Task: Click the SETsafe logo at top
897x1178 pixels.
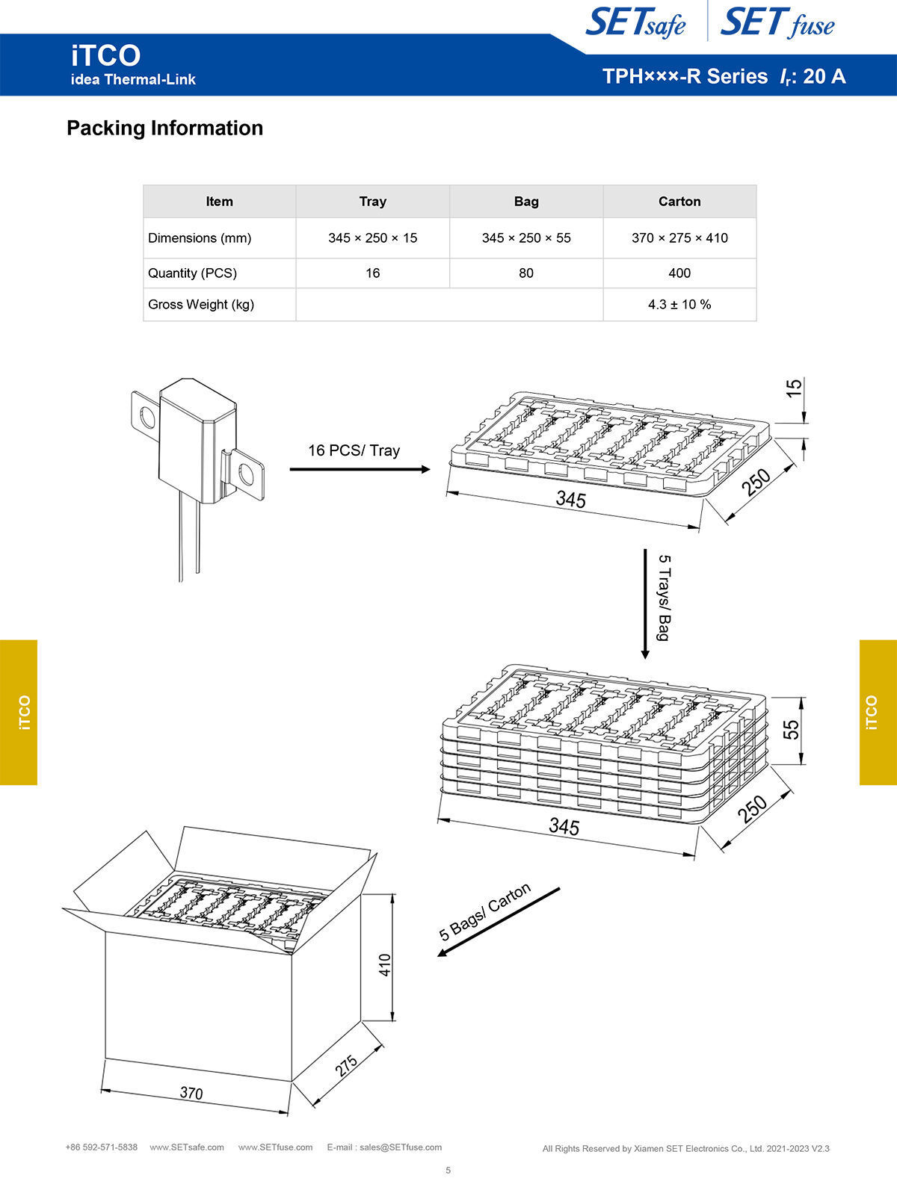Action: pyautogui.click(x=635, y=22)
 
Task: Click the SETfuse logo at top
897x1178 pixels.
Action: pyautogui.click(x=777, y=22)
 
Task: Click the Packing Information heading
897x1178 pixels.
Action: pyautogui.click(x=164, y=128)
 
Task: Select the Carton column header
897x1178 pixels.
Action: pyautogui.click(x=679, y=202)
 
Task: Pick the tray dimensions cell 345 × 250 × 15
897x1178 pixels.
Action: pyautogui.click(x=372, y=238)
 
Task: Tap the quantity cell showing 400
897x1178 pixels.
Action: pyautogui.click(x=679, y=273)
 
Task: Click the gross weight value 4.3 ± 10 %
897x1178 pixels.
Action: pyautogui.click(x=679, y=305)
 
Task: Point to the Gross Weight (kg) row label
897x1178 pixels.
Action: pyautogui.click(x=201, y=305)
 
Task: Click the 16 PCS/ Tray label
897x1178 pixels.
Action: pyautogui.click(x=354, y=450)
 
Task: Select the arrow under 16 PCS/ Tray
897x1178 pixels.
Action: pyautogui.click(x=360, y=469)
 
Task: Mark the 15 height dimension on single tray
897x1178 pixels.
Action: pyautogui.click(x=794, y=388)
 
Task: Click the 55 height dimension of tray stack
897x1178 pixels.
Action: pyautogui.click(x=791, y=729)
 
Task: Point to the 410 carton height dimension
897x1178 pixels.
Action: pyautogui.click(x=385, y=966)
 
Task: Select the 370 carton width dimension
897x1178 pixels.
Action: pyautogui.click(x=191, y=1093)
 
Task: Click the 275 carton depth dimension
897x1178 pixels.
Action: pyautogui.click(x=346, y=1066)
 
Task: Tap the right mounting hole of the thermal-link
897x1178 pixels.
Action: pyautogui.click(x=245, y=473)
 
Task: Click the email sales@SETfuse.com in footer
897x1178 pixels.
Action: pyautogui.click(x=400, y=1147)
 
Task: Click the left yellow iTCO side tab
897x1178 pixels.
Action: pyautogui.click(x=19, y=712)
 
